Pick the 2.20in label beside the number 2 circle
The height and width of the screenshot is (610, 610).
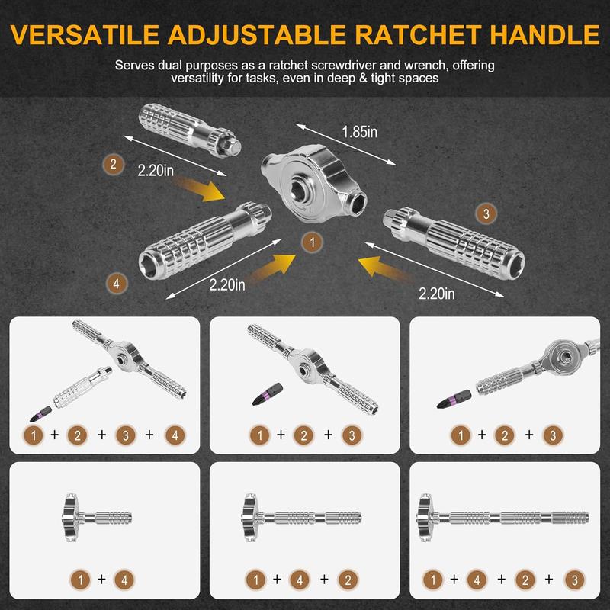156,171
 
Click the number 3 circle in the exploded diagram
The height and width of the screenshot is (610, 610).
485,213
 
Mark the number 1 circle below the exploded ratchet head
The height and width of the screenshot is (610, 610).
310,242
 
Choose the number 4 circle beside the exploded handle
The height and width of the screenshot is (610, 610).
116,284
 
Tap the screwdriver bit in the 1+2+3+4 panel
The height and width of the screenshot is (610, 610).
36,415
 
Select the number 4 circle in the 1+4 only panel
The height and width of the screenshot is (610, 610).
125,579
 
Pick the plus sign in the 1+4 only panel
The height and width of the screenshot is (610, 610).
101,579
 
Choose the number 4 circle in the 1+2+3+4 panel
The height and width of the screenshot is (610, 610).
175,435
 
